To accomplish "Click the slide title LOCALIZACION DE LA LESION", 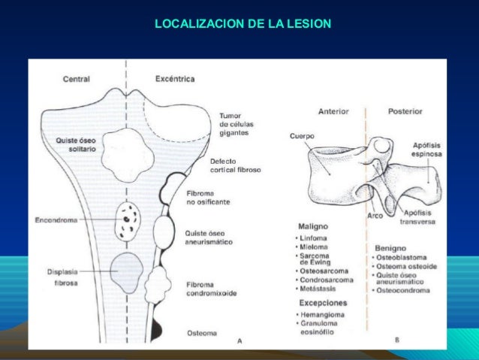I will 242,24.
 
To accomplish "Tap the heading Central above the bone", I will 77,79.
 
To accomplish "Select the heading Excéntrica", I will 174,78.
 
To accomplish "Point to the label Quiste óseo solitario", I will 76,144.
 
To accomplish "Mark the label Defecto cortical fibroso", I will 235,165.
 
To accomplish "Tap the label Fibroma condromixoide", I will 211,289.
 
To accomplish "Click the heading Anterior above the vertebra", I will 333,111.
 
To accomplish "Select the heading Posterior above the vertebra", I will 405,111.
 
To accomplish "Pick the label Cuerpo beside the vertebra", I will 302,136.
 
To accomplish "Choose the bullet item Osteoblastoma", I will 405,257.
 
